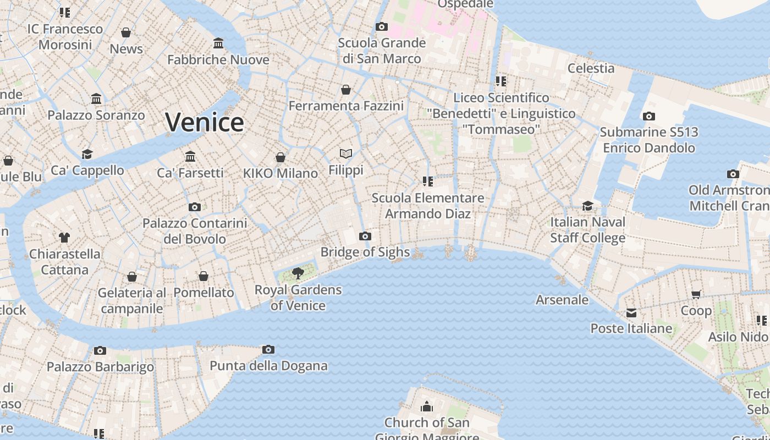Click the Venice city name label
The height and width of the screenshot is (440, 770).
click(x=204, y=122)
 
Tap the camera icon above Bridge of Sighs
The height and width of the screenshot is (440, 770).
click(x=365, y=237)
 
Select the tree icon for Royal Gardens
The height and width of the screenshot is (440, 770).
click(x=298, y=273)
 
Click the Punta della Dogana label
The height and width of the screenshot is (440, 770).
click(x=268, y=366)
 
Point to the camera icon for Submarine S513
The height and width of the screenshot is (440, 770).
click(x=649, y=116)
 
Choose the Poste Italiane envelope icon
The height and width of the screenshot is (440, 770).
click(x=631, y=313)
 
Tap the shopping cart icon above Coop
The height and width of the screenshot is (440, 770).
click(x=696, y=295)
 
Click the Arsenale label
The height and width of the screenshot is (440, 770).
click(x=562, y=300)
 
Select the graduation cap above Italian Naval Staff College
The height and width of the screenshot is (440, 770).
click(x=587, y=206)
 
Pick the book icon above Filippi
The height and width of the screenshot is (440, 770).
click(x=346, y=153)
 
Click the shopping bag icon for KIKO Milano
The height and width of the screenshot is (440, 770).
click(x=280, y=157)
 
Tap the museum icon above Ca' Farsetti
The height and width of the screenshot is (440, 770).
click(x=190, y=157)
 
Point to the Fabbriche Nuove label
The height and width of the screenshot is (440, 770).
click(x=218, y=59)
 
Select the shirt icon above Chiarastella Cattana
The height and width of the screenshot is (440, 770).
click(x=64, y=238)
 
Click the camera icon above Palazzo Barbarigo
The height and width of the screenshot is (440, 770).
click(x=100, y=350)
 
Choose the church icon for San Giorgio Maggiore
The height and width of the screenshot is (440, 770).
click(x=427, y=407)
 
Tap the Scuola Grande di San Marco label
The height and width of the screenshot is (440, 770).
click(x=382, y=51)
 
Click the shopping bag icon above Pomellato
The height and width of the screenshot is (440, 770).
click(x=204, y=276)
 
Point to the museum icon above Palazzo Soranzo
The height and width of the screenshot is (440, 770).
click(x=96, y=99)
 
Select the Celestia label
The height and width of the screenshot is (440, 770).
click(x=591, y=68)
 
